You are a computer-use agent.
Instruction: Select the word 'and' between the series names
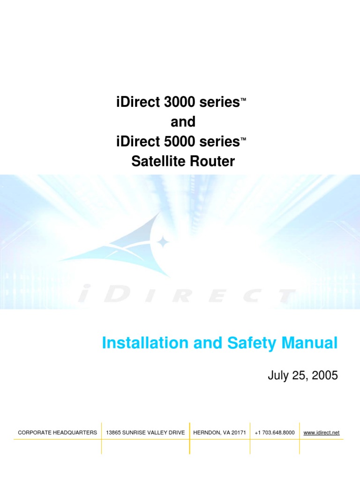point(183,122)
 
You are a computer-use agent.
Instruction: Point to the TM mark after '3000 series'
point(243,100)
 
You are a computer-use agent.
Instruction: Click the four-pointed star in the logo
point(163,242)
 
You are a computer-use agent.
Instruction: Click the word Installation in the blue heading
point(138,343)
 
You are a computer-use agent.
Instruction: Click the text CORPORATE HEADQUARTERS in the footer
point(57,433)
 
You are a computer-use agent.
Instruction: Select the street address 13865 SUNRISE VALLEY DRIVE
point(145,433)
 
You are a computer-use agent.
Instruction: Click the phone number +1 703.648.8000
point(275,433)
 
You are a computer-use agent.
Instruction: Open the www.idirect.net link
point(322,433)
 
